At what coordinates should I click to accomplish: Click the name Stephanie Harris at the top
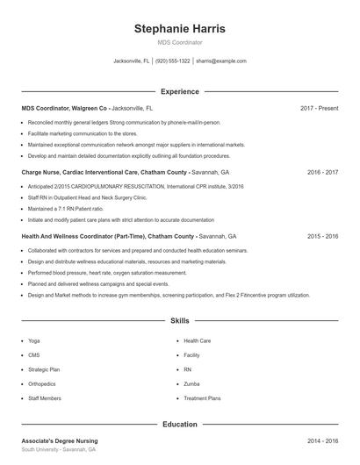tap(179, 28)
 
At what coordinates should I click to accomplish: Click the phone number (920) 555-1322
tap(173, 61)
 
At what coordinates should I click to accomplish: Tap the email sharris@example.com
tap(221, 61)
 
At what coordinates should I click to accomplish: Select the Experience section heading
tap(179, 91)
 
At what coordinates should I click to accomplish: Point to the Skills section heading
tap(179, 321)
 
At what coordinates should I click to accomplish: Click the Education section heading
tap(179, 424)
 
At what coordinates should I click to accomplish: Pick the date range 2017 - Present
tap(319, 108)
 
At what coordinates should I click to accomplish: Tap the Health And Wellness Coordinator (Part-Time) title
tap(108, 236)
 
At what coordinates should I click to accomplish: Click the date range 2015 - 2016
tap(322, 236)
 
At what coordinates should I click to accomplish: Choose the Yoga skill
tap(34, 340)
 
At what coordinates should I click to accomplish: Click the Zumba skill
tap(191, 383)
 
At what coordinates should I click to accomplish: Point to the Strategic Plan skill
tap(44, 369)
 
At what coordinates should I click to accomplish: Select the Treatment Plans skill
tap(202, 398)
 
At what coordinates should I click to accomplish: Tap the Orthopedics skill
tap(42, 383)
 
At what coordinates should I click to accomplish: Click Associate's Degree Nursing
tap(60, 440)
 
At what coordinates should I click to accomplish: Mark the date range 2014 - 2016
tap(322, 440)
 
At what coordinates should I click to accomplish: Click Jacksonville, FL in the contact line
tap(132, 61)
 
